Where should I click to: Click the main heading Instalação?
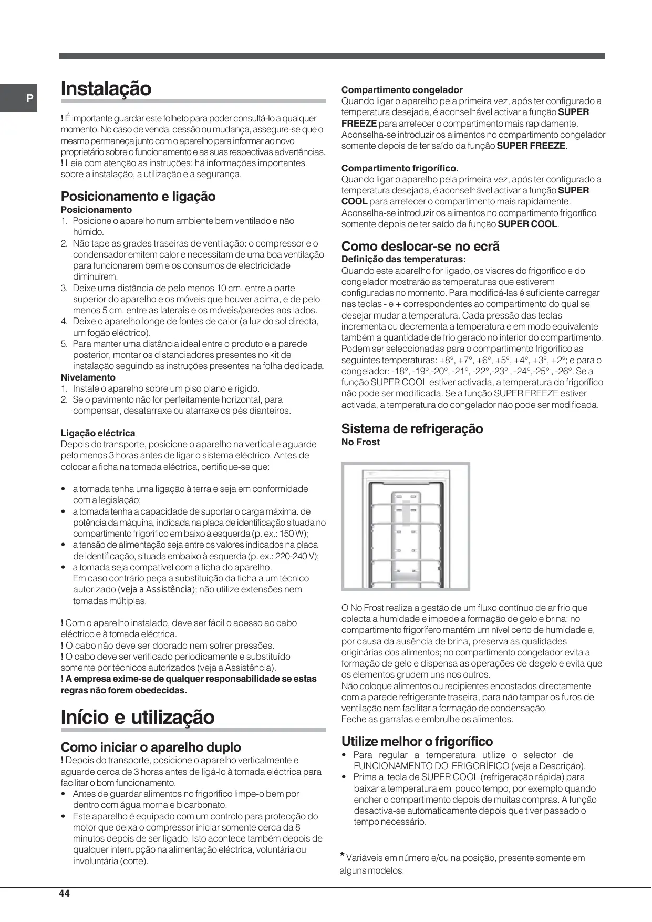click(106, 88)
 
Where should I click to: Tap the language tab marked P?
click(29, 98)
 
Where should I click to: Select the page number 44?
click(65, 894)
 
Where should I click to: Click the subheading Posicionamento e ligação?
click(138, 196)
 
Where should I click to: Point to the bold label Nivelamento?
click(88, 377)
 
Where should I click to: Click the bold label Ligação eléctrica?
click(98, 433)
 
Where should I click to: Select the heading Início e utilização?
click(138, 717)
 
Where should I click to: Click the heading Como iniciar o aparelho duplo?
click(151, 747)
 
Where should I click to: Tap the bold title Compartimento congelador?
click(402, 90)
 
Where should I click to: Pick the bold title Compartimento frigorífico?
click(400, 168)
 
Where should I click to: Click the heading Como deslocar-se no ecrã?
click(420, 246)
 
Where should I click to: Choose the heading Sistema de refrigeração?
click(412, 428)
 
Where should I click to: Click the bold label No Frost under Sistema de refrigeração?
click(360, 442)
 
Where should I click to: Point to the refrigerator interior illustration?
click(406, 526)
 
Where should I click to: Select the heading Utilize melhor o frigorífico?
click(417, 741)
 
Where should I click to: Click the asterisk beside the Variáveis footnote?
click(342, 855)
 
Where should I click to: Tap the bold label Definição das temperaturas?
click(403, 259)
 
